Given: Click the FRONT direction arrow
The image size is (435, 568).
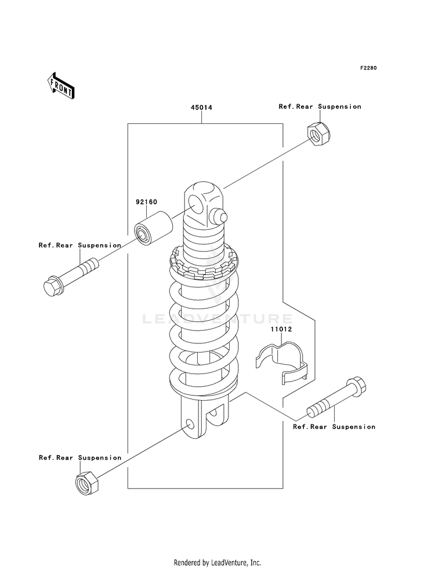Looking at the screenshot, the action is click(61, 86).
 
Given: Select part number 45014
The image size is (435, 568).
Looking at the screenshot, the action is click(202, 108).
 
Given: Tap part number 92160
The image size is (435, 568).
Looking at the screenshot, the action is click(147, 201).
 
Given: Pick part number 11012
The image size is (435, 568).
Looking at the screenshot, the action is click(281, 329).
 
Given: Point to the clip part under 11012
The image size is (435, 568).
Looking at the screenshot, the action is click(281, 362).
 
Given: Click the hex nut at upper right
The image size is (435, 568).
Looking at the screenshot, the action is click(319, 134).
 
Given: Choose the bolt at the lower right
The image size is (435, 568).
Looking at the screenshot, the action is click(336, 397).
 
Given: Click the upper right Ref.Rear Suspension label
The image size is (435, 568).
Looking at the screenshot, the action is click(320, 107).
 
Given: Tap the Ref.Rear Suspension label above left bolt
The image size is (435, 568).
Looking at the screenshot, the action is click(80, 245).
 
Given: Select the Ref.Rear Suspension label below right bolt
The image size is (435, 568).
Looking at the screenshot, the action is click(334, 427).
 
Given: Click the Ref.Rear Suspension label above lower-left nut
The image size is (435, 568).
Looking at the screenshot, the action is click(80, 458).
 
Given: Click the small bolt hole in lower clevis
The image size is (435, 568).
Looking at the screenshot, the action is click(190, 423).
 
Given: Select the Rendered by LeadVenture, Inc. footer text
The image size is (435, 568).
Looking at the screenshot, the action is click(217, 563).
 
